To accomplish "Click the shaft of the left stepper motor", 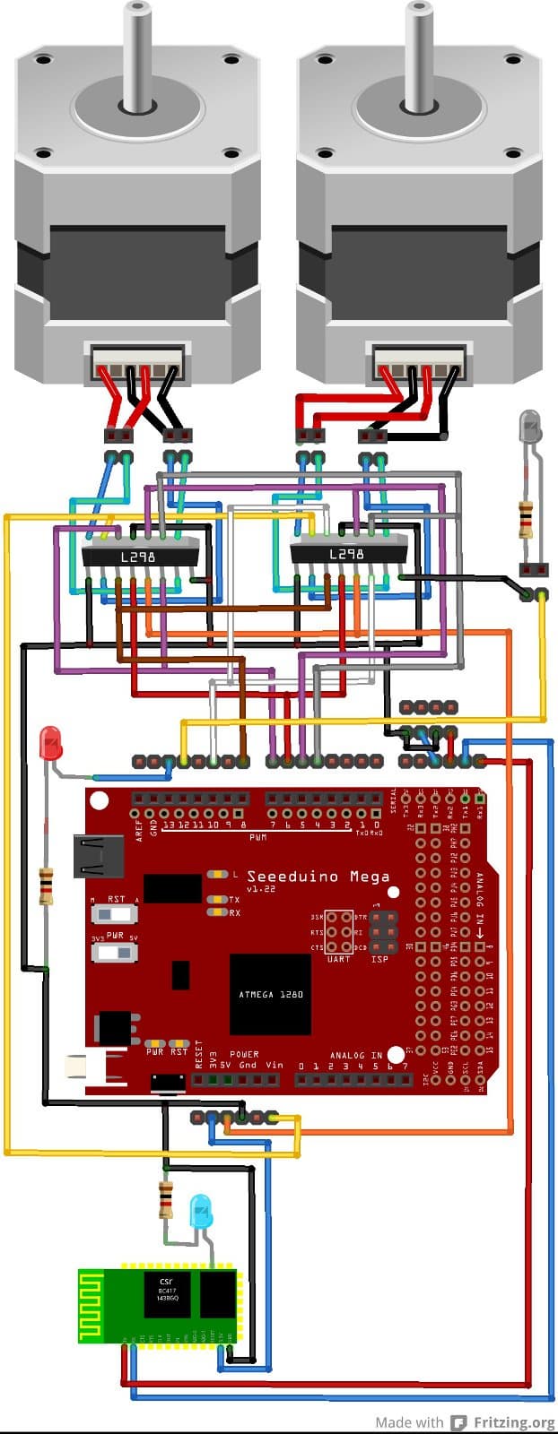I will pos(137,54).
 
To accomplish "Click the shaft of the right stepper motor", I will pos(419,54).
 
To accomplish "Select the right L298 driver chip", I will pos(347,553).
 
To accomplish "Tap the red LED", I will pos(50,743).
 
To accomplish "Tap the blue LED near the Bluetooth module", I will pos(202,1212).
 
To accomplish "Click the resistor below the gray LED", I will pos(527,519).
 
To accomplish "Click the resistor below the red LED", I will pos(45,885).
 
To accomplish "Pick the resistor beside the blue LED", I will pos(166,1199).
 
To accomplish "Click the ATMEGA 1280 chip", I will pos(270,994).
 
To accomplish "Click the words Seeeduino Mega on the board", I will pos(318,876).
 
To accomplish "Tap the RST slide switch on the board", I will pos(115,914).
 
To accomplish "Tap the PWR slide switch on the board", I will pos(115,951).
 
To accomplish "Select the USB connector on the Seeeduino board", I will pos(99,856).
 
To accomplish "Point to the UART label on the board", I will pos(338,959).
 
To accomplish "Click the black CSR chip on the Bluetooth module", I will pos(167,1293).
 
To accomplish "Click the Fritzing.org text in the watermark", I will pos(514,1422).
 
